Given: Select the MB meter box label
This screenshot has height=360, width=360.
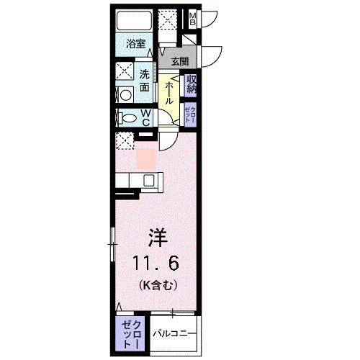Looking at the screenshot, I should [x=192, y=19].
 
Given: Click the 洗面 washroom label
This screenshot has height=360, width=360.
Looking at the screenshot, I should [x=145, y=80].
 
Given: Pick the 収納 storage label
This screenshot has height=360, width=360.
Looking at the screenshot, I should [x=192, y=84].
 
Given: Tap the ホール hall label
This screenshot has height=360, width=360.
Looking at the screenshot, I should [x=168, y=92].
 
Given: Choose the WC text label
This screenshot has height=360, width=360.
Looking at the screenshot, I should [x=145, y=118].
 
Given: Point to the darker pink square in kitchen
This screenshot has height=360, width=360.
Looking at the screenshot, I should [x=145, y=155].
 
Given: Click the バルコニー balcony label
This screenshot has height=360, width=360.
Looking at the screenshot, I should [x=172, y=334].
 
